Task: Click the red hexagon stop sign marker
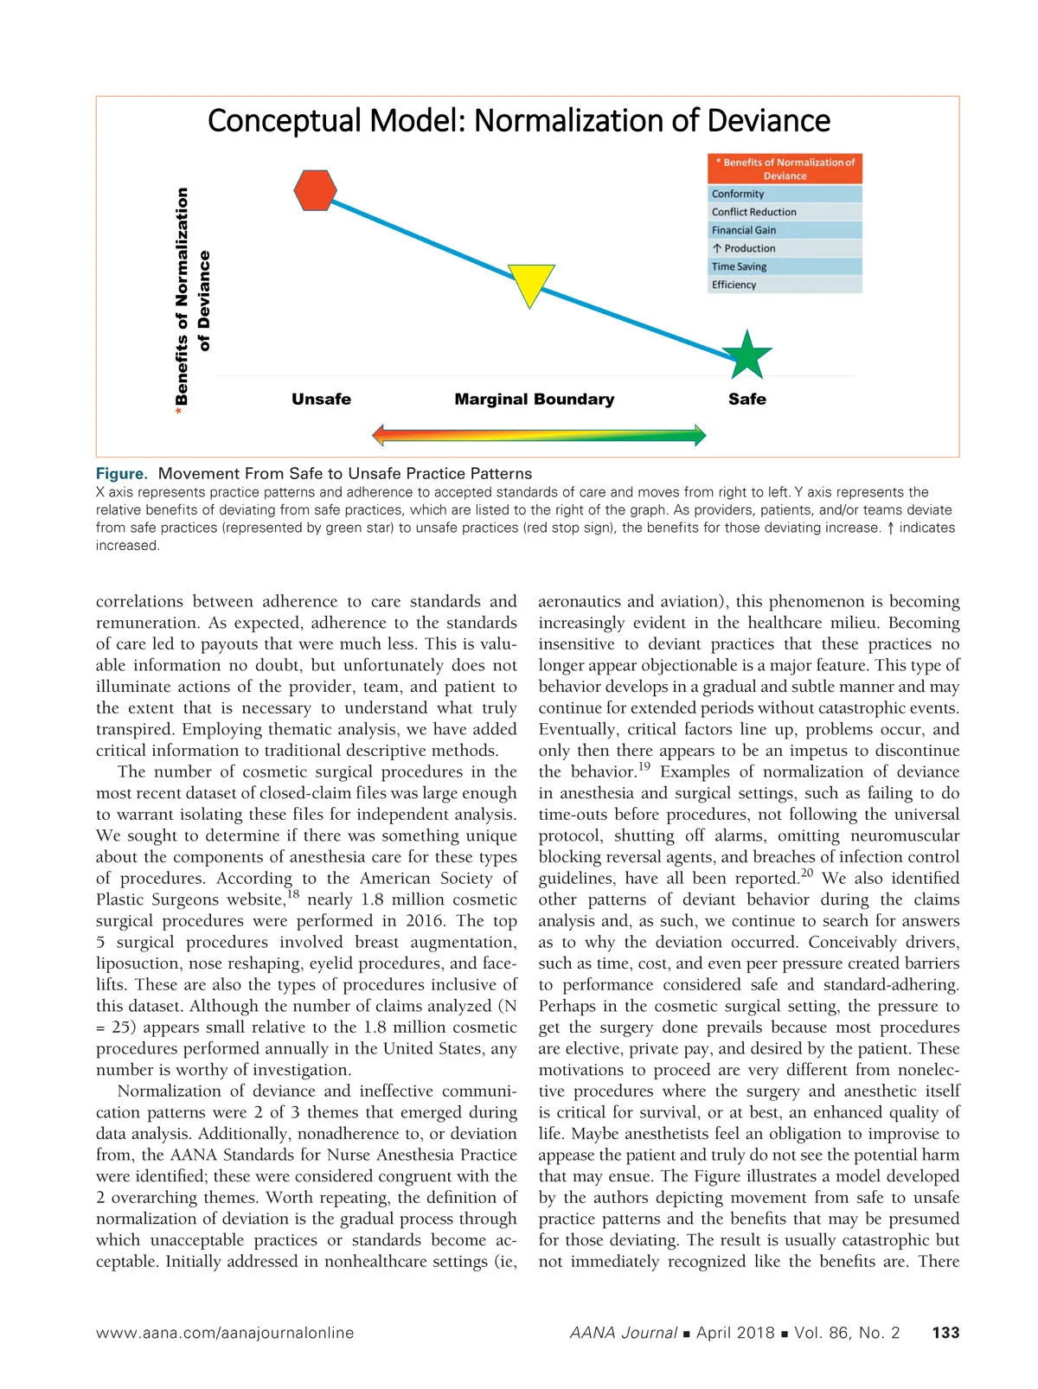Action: pos(315,190)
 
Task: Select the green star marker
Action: pos(746,355)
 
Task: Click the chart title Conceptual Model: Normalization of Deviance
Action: pos(519,120)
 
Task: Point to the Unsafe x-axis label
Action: pos(321,399)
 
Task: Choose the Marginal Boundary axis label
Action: pos(535,399)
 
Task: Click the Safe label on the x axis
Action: pos(747,399)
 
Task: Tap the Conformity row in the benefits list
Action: pos(785,194)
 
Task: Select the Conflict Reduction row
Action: pos(785,212)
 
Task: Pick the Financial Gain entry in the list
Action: pos(785,230)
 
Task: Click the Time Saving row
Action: pos(785,266)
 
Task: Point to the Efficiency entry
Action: pos(785,285)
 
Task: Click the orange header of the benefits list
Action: pos(785,169)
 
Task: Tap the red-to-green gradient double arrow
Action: pos(539,434)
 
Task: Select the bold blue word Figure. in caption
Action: pos(122,473)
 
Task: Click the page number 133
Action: pos(945,1333)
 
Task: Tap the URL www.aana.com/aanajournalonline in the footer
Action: pos(225,1333)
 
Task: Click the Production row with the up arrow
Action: pos(785,248)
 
